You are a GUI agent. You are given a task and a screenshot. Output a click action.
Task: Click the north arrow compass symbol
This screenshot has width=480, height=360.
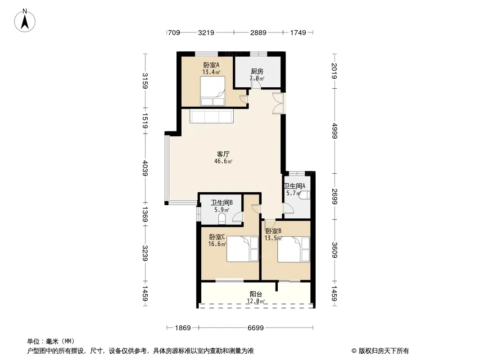click(x=25, y=21)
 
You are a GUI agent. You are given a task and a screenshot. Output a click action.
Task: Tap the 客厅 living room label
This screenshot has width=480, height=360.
click(x=223, y=154)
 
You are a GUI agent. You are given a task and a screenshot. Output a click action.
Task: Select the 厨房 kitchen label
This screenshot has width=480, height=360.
click(x=257, y=72)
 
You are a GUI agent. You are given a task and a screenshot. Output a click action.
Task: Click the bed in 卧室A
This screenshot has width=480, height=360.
click(x=213, y=91)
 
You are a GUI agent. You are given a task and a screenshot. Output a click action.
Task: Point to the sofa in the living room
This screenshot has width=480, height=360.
click(x=212, y=116)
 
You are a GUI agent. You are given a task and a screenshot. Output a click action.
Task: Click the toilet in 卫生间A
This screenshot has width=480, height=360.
click(x=305, y=195)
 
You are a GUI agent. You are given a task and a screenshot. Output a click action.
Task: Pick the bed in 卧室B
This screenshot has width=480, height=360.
click(x=294, y=249)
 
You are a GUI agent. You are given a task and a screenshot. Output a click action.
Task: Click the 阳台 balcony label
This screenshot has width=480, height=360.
click(x=256, y=294)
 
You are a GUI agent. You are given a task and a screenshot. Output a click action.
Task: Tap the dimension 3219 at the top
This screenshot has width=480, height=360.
click(x=206, y=32)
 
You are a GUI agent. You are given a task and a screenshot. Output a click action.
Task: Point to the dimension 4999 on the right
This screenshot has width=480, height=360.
click(x=335, y=130)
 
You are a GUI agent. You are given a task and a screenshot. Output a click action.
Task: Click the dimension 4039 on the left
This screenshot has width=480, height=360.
click(x=145, y=168)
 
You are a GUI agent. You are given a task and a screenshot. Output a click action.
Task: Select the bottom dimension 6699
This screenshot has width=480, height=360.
click(x=256, y=328)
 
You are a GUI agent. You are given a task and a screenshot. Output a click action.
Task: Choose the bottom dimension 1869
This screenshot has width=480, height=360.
click(x=183, y=328)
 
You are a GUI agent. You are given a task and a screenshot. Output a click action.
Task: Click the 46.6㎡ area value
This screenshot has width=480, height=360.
click(x=223, y=161)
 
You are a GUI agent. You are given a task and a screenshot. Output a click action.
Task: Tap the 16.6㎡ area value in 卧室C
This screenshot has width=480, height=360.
click(x=217, y=244)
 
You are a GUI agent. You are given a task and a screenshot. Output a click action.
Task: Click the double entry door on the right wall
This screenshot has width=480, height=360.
click(x=279, y=103)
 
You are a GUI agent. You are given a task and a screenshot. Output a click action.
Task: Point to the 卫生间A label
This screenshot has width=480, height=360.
click(x=294, y=186)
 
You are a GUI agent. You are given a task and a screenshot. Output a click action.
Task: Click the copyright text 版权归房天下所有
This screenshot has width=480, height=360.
click(x=384, y=351)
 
